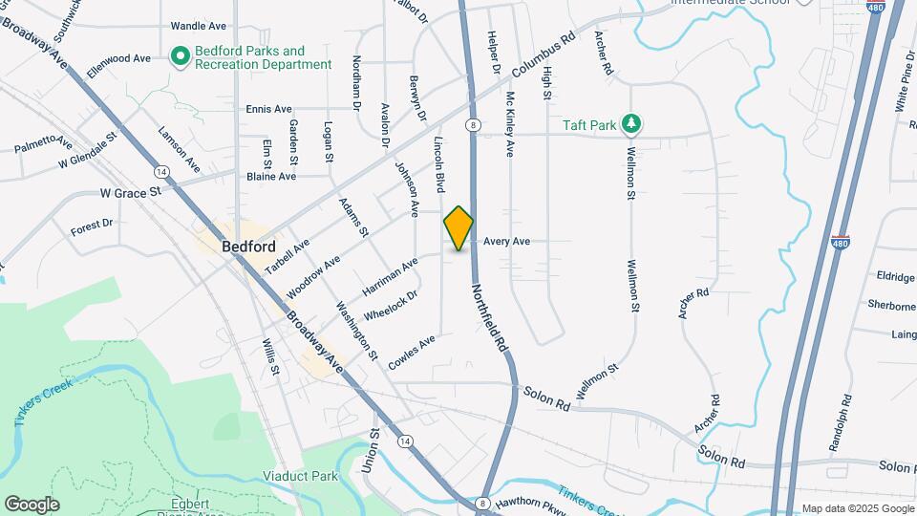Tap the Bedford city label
point(248,246)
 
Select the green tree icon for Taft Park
point(629,123)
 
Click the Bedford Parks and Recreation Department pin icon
point(179,57)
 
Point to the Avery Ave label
point(506,242)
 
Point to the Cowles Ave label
point(412,352)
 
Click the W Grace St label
point(131,193)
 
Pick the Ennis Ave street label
point(268,109)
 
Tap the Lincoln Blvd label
point(440,161)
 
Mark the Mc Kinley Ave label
point(510,124)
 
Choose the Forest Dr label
point(92,229)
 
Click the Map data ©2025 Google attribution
point(857,508)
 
